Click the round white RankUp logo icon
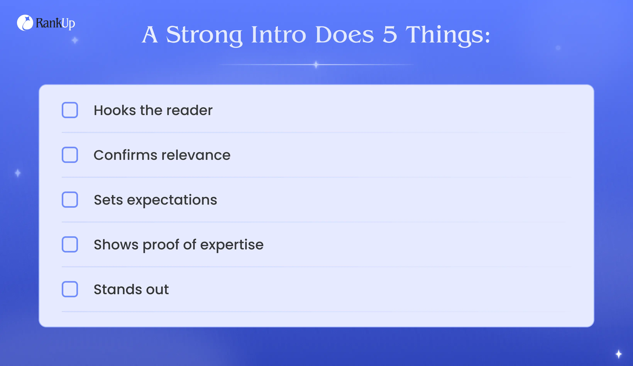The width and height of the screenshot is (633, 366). pos(25,23)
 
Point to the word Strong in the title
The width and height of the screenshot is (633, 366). pos(204,35)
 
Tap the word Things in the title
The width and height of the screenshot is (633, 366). pos(445,35)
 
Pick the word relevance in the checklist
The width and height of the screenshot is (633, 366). pos(196,155)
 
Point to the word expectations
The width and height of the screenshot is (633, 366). pos(172,200)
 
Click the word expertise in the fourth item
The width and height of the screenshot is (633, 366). pos(232,245)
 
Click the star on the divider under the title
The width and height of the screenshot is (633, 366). pos(316,64)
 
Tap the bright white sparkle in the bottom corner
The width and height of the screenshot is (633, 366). pos(619,354)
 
